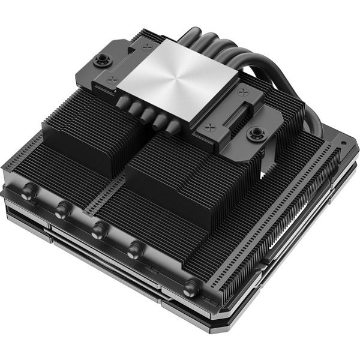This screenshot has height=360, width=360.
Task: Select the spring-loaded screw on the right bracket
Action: [257, 133]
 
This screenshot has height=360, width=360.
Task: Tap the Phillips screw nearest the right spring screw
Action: [209, 127]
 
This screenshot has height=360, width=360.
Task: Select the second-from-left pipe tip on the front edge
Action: [61, 210]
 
